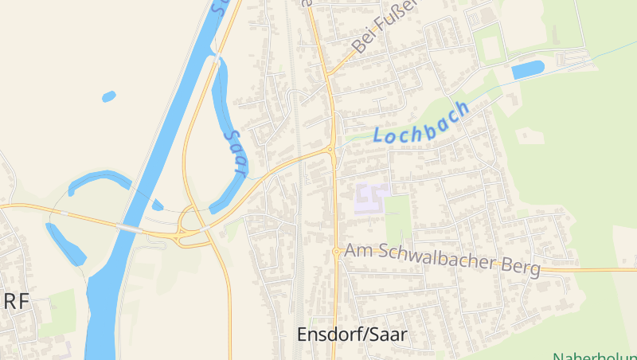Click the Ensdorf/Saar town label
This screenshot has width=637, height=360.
coord(351,335)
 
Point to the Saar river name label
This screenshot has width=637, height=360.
coord(236,151)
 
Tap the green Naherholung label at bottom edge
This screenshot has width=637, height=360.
coord(594,356)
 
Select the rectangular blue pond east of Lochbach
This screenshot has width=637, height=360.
coord(527,70)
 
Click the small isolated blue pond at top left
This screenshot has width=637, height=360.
coord(108,96)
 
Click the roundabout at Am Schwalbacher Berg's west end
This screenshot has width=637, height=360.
coord(337,251)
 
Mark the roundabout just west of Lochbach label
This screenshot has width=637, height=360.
coord(330,149)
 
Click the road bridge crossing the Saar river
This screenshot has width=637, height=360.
coord(128,228)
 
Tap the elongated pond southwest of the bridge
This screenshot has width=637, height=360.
coord(65,243)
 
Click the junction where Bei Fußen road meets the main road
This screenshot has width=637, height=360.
coord(327,74)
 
